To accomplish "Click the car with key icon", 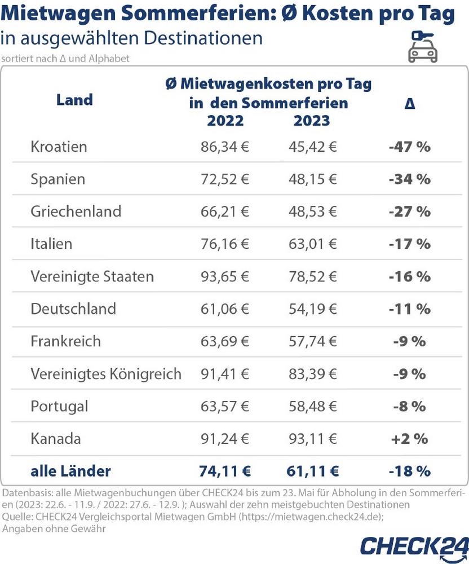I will [x=423, y=46].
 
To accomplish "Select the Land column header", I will [x=74, y=100].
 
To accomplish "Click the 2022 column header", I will [x=225, y=121].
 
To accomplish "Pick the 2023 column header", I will [x=311, y=121].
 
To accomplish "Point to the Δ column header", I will [x=410, y=104].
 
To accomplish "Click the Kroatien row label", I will [x=59, y=147].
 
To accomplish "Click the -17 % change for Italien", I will [x=409, y=244].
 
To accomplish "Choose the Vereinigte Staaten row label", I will [x=92, y=276].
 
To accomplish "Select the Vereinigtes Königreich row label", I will [x=106, y=373].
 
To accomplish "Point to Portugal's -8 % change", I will [x=409, y=406].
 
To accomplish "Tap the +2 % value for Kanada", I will [x=409, y=438].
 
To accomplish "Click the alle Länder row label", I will [x=70, y=470].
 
